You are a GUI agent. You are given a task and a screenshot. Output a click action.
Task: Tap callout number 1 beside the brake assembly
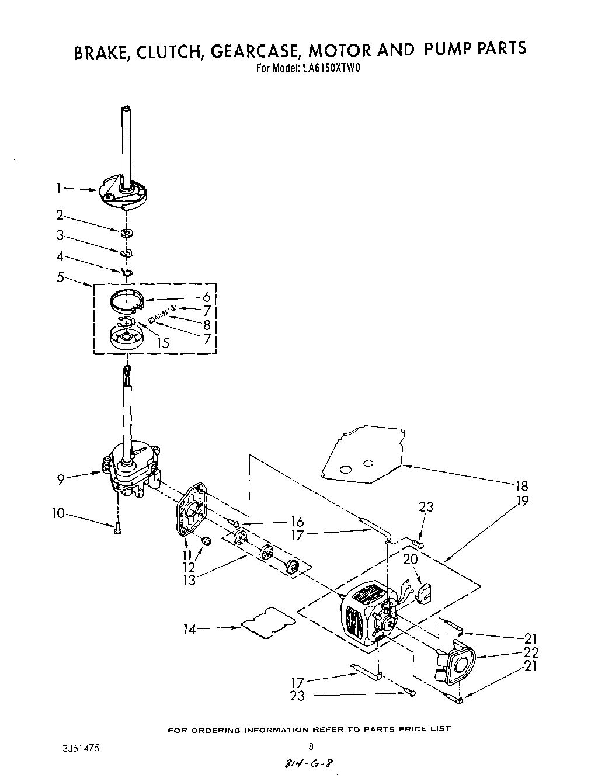(58, 187)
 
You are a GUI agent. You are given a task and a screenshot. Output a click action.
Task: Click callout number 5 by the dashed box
(60, 277)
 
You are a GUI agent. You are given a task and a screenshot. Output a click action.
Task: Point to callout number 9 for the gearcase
(60, 479)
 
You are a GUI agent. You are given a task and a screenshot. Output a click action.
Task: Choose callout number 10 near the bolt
(58, 513)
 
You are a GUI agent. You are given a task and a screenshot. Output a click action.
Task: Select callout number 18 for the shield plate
(521, 485)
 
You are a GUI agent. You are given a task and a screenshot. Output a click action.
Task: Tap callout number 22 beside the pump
(531, 652)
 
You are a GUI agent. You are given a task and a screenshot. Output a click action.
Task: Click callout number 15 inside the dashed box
(163, 343)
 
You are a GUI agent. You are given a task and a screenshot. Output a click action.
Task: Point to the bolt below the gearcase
(117, 529)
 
